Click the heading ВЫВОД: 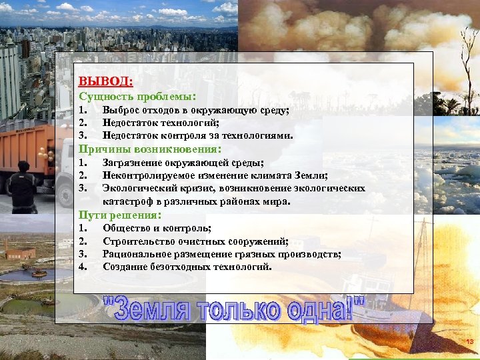tap(105, 82)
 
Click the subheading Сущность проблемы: tap(138, 96)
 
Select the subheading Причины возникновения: tap(149, 149)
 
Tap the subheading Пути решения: tap(120, 215)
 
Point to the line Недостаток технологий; tap(161, 123)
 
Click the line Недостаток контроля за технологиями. tap(198, 135)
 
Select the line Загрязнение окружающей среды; tap(183, 163)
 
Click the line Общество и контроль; tap(157, 229)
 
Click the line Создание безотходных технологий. tap(187, 267)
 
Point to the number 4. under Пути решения tap(83, 267)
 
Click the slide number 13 tap(469, 342)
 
